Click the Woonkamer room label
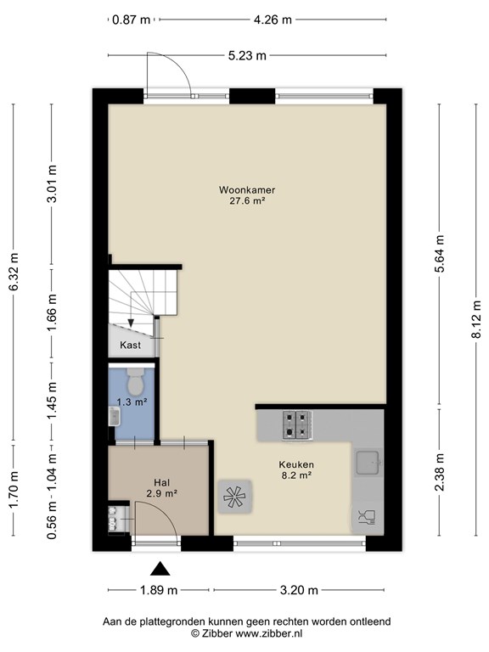(247, 190)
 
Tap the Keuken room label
(296, 464)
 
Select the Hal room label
(162, 483)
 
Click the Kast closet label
(130, 345)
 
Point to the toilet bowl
(134, 381)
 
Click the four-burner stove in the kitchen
(297, 425)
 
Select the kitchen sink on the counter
(368, 462)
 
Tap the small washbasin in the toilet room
(115, 416)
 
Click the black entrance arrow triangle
(160, 569)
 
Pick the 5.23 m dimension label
(247, 56)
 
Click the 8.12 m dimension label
(476, 320)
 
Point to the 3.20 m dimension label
(299, 590)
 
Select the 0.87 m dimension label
(132, 20)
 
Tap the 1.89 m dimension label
(159, 590)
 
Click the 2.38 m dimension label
(440, 472)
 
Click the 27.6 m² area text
(247, 201)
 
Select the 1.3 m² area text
(132, 402)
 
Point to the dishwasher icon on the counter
(367, 516)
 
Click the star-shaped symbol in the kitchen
(234, 496)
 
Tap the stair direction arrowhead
(131, 323)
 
